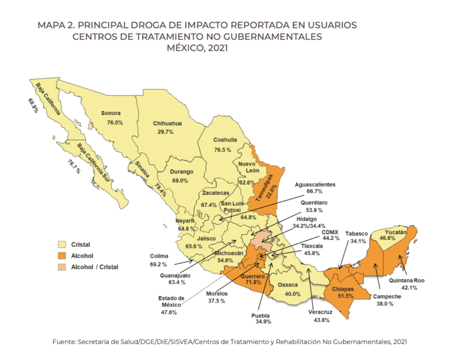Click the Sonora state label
point(112,113)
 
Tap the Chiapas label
point(343,288)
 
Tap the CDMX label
point(330,232)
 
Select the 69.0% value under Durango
point(180,180)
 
